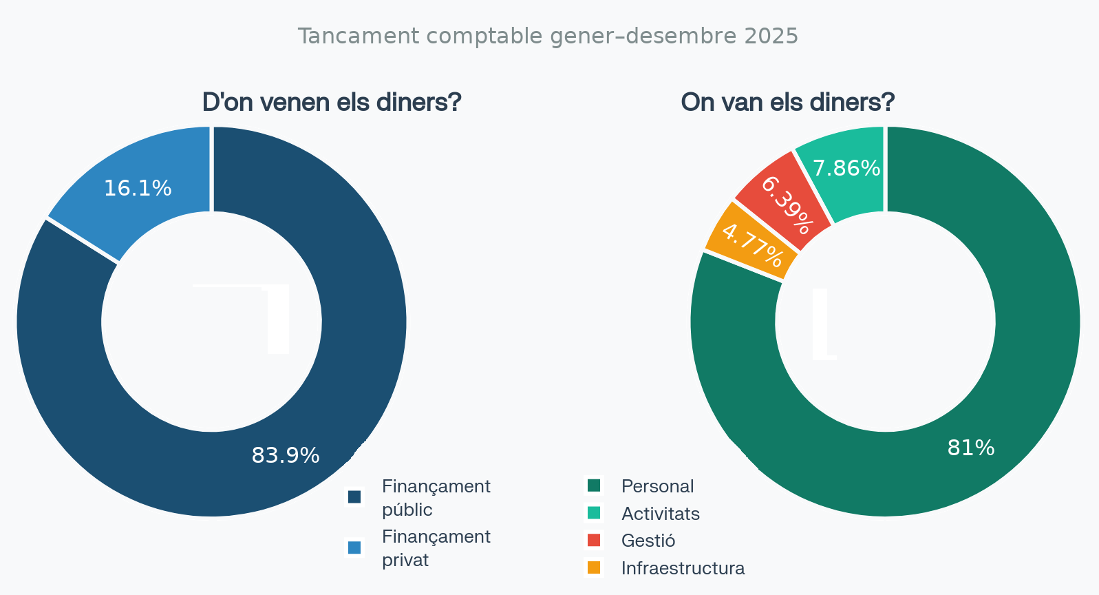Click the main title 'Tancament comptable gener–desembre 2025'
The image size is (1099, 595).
click(x=548, y=36)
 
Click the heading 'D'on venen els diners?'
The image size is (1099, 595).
click(x=332, y=102)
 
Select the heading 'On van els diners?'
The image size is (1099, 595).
click(x=787, y=102)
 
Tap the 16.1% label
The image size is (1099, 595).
click(x=138, y=189)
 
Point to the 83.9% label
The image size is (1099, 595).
click(x=286, y=456)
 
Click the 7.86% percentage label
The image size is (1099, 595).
click(x=846, y=169)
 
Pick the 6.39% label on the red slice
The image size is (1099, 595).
click(x=787, y=205)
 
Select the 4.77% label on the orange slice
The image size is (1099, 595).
click(x=753, y=245)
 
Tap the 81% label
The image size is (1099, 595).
click(x=971, y=448)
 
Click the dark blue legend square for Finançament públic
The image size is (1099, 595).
click(x=354, y=497)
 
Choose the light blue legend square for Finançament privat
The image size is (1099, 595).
click(x=354, y=547)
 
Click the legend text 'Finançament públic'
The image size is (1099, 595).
click(x=436, y=498)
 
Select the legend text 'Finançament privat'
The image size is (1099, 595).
click(x=436, y=548)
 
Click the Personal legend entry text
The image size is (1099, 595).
click(x=657, y=486)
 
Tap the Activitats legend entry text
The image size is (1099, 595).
click(x=661, y=514)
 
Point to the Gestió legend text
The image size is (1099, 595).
click(x=648, y=541)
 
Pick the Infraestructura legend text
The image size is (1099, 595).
click(x=683, y=568)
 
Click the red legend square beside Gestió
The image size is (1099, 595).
click(x=594, y=540)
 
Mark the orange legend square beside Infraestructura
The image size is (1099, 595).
click(x=594, y=567)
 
